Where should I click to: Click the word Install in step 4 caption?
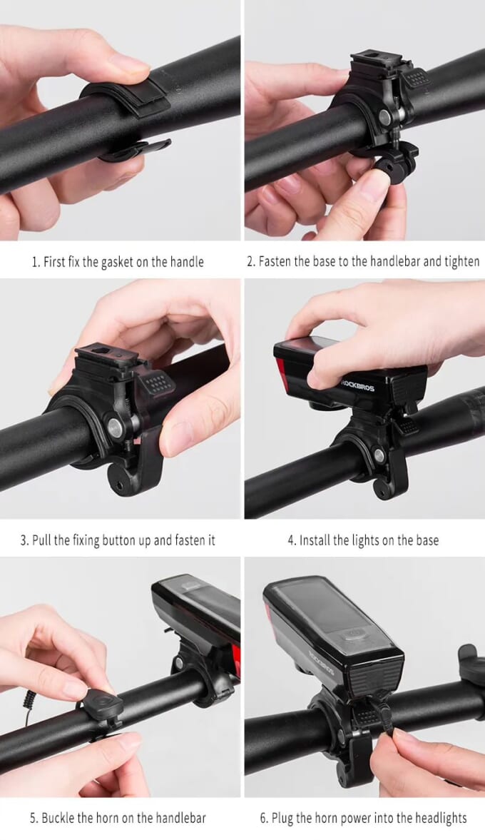(x=315, y=540)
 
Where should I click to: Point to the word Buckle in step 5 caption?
(x=58, y=818)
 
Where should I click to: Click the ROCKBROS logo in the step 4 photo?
(x=357, y=385)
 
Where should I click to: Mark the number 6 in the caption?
(x=263, y=818)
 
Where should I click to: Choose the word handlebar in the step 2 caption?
(x=394, y=261)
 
